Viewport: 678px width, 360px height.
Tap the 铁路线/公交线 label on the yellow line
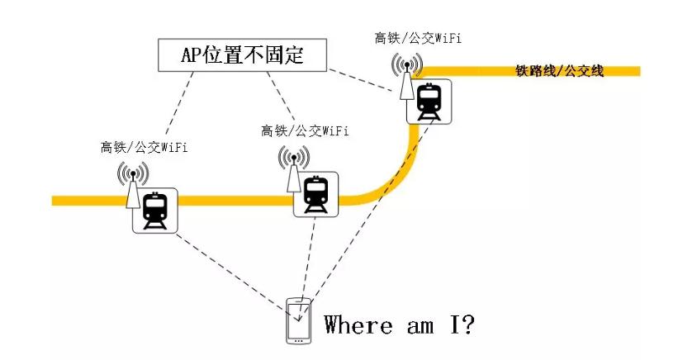[559, 71]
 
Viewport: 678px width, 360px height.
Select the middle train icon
[316, 194]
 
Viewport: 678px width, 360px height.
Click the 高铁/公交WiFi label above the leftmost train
[144, 148]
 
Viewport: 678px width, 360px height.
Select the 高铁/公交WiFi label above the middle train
[304, 130]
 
